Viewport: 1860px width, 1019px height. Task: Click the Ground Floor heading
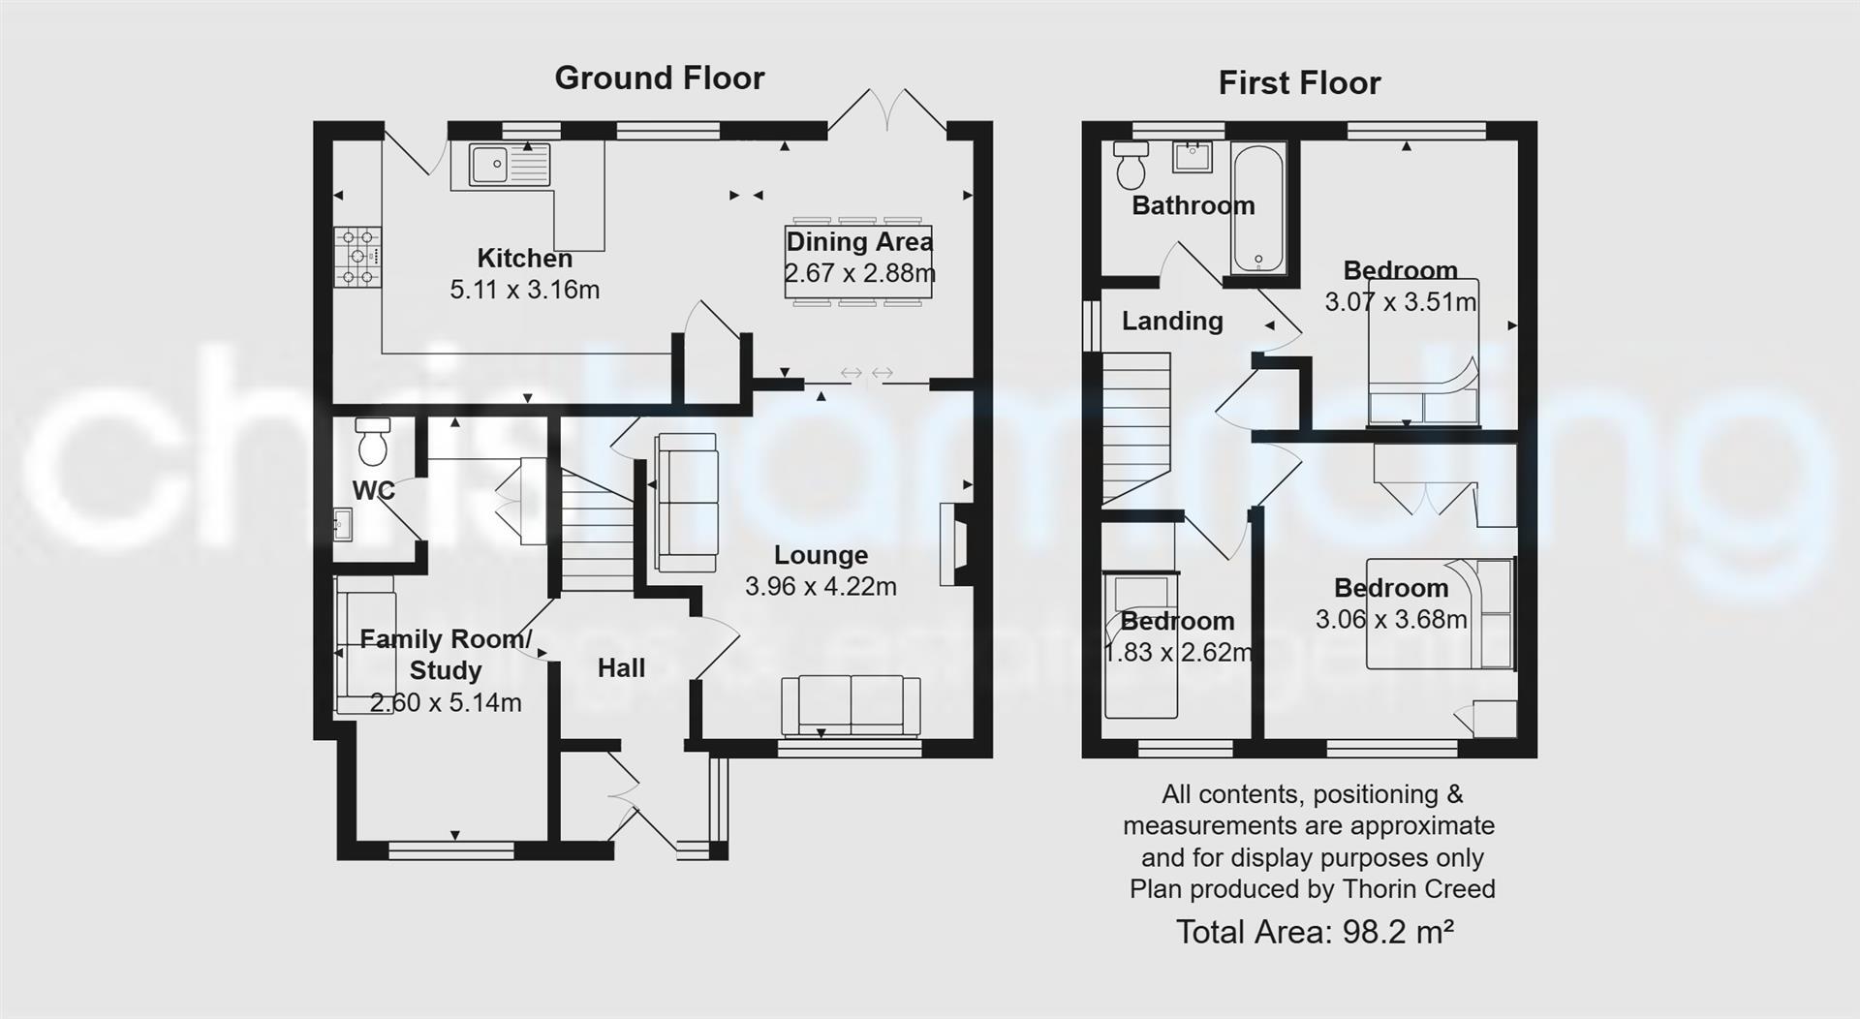point(659,78)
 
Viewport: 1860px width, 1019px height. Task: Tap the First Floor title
point(1298,83)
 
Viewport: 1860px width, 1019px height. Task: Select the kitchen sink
point(509,165)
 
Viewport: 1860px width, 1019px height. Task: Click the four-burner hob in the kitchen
point(357,257)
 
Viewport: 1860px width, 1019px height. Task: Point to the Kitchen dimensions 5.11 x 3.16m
point(524,290)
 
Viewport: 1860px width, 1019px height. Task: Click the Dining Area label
point(858,241)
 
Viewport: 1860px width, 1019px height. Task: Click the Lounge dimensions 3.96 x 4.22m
point(821,586)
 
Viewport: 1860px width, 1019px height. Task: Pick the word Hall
point(621,668)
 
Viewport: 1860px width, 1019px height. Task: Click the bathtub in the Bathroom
point(1257,208)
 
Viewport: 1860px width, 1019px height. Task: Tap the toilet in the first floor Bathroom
point(1130,165)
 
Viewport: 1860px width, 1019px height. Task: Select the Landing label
point(1172,321)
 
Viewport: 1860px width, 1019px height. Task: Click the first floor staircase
point(1137,426)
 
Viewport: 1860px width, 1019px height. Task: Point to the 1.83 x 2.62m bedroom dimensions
point(1177,653)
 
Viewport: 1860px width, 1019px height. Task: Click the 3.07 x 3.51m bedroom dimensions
point(1400,302)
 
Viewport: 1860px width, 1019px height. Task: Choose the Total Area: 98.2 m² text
point(1314,932)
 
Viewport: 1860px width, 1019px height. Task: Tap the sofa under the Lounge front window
point(851,705)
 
